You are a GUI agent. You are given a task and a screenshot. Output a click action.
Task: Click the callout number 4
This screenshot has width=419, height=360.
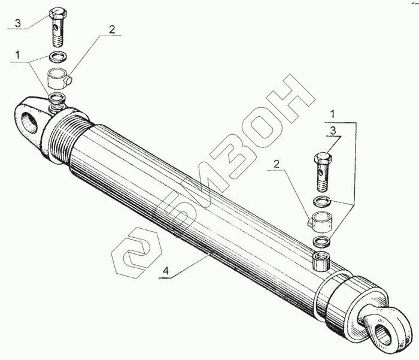pos(166,271)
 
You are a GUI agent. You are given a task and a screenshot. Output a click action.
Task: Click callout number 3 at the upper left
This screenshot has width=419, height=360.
pos(17,23)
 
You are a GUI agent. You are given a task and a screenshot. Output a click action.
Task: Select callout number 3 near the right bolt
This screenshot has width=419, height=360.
pos(333,131)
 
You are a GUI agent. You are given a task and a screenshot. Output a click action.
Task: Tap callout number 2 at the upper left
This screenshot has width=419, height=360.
pos(112,29)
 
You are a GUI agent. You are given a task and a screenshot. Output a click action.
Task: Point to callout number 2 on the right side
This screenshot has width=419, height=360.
pos(277,164)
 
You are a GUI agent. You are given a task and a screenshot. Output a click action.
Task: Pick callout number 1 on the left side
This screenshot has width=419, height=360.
pos(17,55)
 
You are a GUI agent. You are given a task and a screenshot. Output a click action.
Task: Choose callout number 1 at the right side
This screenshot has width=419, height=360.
pos(332,114)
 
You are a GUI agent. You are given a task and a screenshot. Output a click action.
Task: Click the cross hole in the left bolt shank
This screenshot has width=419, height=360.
pos(56,28)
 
